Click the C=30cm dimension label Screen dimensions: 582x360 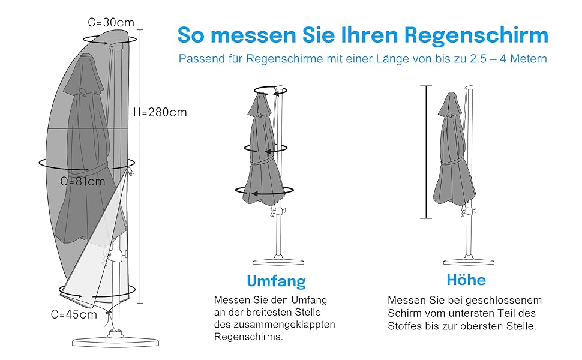111,23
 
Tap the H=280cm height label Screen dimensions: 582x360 160,112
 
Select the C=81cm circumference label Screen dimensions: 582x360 83,181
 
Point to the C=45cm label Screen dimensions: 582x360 74,314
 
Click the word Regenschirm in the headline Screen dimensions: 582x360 476,35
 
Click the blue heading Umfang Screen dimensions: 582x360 276,281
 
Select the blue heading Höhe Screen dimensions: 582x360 466,280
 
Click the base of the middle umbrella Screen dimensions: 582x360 277,261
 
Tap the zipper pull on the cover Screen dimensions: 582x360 130,175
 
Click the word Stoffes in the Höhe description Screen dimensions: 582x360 405,326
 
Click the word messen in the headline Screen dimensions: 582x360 250,35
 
